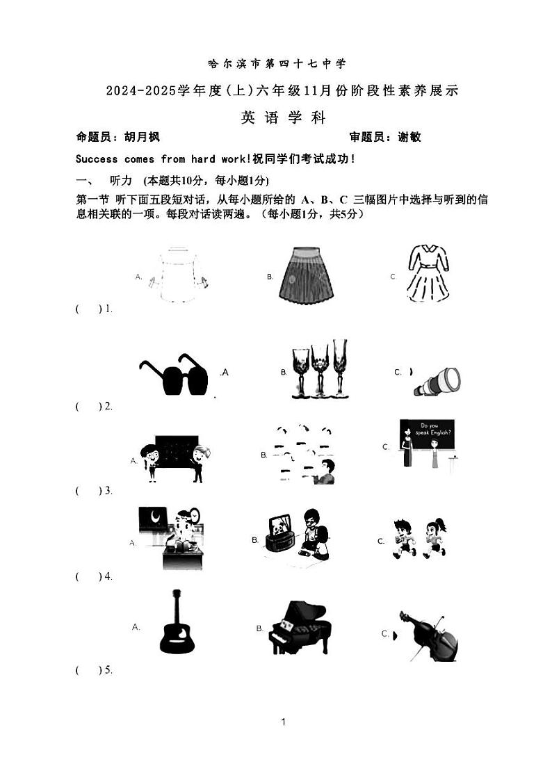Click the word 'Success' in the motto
pos(95,159)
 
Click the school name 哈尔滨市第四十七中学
pos(277,64)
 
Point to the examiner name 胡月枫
pos(142,138)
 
